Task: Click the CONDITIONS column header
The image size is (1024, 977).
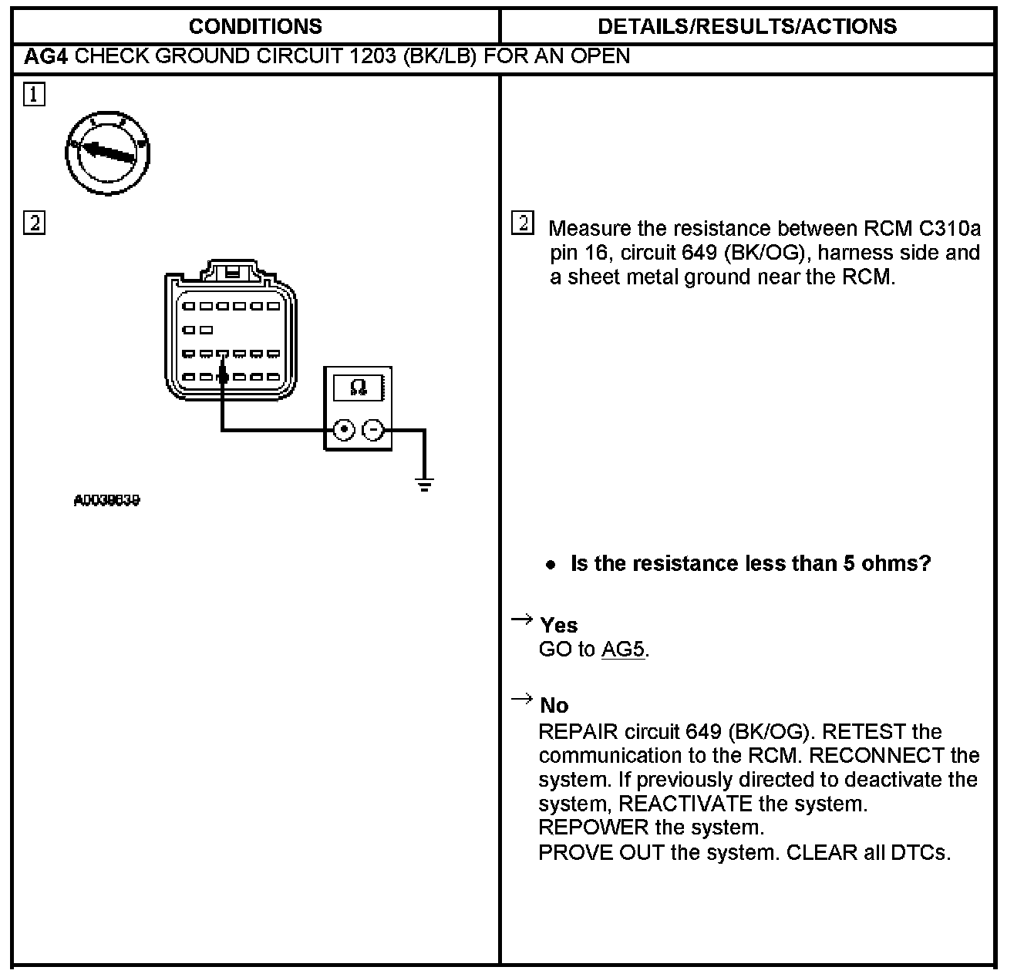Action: pyautogui.click(x=255, y=26)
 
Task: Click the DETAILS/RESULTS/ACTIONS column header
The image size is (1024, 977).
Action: pyautogui.click(x=747, y=26)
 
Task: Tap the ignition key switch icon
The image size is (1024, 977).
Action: pyautogui.click(x=107, y=153)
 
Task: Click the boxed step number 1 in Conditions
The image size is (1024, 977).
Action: pyautogui.click(x=35, y=95)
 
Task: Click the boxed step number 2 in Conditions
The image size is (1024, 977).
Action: pyautogui.click(x=35, y=223)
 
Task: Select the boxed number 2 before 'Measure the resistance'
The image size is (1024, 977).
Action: pyautogui.click(x=523, y=223)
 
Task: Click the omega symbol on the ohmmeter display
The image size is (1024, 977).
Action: pyautogui.click(x=359, y=386)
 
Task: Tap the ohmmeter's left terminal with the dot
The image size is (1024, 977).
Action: pyautogui.click(x=344, y=430)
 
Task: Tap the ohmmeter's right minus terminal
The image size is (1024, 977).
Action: pyautogui.click(x=372, y=430)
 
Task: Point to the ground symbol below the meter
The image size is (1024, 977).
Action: pyautogui.click(x=424, y=485)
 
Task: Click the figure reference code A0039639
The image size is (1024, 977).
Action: pyautogui.click(x=107, y=501)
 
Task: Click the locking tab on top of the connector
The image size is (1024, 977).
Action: pyautogui.click(x=231, y=271)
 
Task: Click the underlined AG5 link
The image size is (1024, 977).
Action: pyautogui.click(x=622, y=650)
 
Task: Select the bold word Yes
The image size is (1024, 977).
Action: pyautogui.click(x=559, y=625)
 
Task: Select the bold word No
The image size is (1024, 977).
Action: pyautogui.click(x=554, y=705)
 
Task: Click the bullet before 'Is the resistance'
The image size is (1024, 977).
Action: pyautogui.click(x=551, y=565)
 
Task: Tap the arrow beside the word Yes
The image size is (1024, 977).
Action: pyautogui.click(x=522, y=619)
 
